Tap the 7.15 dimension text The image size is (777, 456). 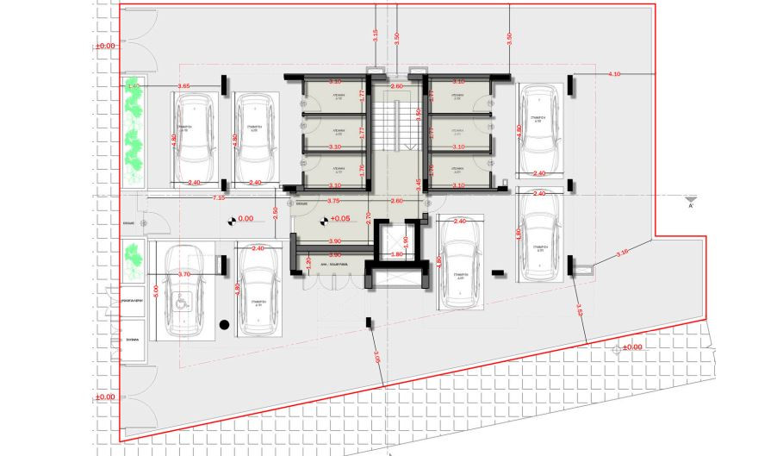click(x=220, y=198)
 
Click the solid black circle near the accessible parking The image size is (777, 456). click(x=224, y=325)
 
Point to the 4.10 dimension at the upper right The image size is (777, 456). click(x=614, y=74)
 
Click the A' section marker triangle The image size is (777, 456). click(x=691, y=197)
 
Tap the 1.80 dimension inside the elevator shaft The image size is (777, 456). click(x=397, y=254)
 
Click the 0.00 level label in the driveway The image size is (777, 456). click(x=246, y=219)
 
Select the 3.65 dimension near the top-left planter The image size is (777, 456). click(x=183, y=86)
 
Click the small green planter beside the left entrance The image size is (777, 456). click(x=134, y=255)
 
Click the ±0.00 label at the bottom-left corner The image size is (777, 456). click(x=104, y=397)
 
